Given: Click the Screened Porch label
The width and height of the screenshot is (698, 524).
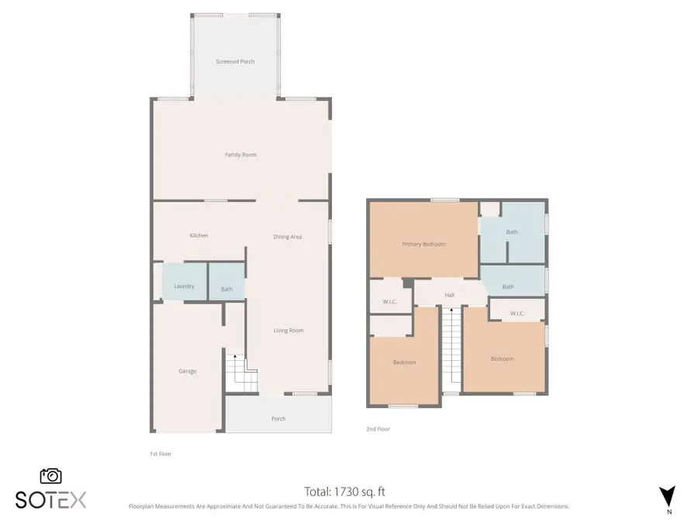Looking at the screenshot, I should click(235, 61).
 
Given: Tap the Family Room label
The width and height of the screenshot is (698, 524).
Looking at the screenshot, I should click(240, 154).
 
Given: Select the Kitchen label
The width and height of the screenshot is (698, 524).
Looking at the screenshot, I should click(199, 236).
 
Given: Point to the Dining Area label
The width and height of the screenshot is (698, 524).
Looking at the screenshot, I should click(287, 237).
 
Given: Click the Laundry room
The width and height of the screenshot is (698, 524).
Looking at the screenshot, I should click(184, 286).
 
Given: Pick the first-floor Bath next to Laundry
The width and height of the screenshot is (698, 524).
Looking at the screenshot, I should click(226, 289).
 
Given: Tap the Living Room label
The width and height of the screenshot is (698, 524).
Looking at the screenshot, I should click(289, 331).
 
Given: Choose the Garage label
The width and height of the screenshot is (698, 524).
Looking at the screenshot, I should click(187, 371).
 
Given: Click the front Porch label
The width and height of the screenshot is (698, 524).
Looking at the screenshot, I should click(278, 418).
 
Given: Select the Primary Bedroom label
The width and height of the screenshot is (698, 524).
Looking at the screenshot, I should click(423, 245).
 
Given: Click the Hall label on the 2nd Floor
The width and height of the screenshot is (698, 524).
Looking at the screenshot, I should click(449, 295).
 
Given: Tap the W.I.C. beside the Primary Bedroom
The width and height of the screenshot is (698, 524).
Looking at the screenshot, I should click(390, 301).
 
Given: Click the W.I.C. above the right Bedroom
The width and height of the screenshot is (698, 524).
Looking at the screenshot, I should click(517, 314).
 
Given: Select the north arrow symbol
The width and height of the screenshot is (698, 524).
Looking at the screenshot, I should click(666, 497).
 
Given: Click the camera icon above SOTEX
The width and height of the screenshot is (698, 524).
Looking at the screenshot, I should click(51, 476).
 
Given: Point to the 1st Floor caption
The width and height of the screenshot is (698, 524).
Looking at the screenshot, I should click(161, 454).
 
